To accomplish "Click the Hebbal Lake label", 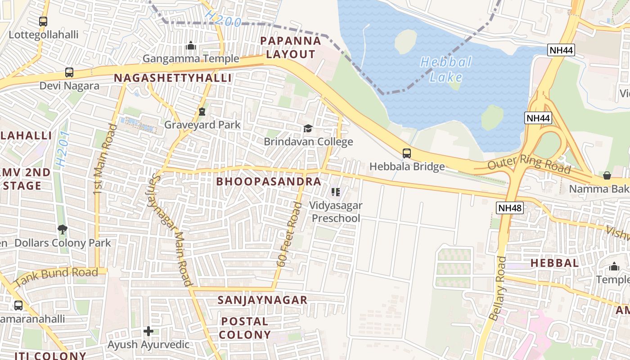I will pyautogui.click(x=445, y=69).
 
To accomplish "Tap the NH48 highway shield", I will pyautogui.click(x=510, y=207).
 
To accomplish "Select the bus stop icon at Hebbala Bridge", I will pyautogui.click(x=407, y=153).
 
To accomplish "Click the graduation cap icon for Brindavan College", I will pyautogui.click(x=308, y=129).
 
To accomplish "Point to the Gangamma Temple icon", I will pyautogui.click(x=191, y=45).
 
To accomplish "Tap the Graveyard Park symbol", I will pyautogui.click(x=202, y=111).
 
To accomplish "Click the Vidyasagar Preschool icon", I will pyautogui.click(x=335, y=192).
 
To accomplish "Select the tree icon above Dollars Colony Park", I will pyautogui.click(x=62, y=229).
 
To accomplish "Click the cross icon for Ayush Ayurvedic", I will pyautogui.click(x=148, y=332).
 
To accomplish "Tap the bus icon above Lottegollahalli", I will pyautogui.click(x=43, y=21).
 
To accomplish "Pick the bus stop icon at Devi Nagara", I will pyautogui.click(x=69, y=72).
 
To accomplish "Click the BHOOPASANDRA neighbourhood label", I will pyautogui.click(x=269, y=181).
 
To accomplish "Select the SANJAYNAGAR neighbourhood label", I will pyautogui.click(x=262, y=300).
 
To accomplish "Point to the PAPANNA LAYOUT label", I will pyautogui.click(x=291, y=47).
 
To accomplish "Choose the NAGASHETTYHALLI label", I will pyautogui.click(x=173, y=78).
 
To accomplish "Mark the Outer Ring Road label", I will pyautogui.click(x=529, y=164).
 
